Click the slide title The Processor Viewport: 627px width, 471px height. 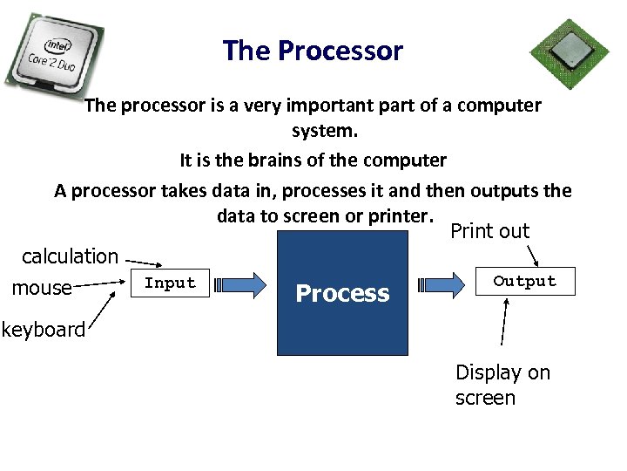click(x=313, y=51)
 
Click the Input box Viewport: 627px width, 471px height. click(x=170, y=283)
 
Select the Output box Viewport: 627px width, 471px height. click(x=524, y=282)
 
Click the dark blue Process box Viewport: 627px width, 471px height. click(x=342, y=293)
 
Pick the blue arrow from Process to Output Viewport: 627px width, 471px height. click(x=447, y=284)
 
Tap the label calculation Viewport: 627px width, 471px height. click(x=70, y=256)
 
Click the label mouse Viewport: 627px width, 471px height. click(x=42, y=288)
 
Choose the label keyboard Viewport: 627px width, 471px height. click(x=43, y=330)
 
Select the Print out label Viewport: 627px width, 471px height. click(x=489, y=231)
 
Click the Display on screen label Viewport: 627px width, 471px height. click(x=502, y=385)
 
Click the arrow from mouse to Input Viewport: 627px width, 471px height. click(x=100, y=283)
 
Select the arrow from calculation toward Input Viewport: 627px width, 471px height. click(x=147, y=263)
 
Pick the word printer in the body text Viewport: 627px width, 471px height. click(x=399, y=215)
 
